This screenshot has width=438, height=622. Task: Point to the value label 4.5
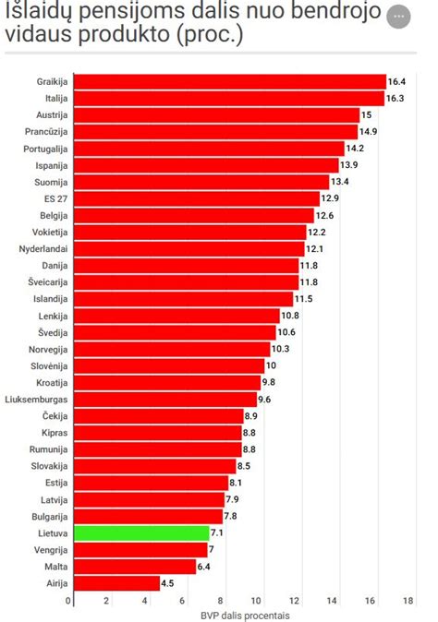coord(167,583)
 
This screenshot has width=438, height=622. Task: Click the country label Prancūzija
coord(46,131)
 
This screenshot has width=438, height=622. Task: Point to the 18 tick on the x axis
coord(408,601)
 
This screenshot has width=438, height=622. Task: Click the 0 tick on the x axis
coord(68,601)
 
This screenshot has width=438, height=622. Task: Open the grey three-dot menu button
coord(399,17)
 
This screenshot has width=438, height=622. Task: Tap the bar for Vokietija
coord(189,232)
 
